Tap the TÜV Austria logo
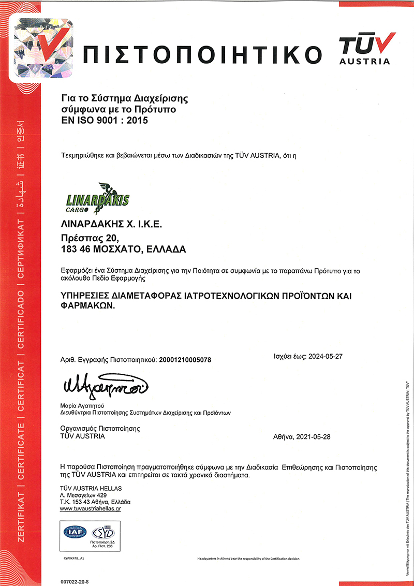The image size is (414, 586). click(365, 48)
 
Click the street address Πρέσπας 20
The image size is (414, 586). click(90, 238)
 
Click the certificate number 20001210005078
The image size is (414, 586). click(186, 359)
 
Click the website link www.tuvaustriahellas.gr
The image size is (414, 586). click(94, 509)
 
